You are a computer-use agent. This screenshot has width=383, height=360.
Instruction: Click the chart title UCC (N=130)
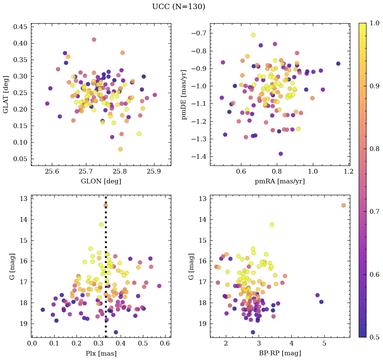tap(178, 7)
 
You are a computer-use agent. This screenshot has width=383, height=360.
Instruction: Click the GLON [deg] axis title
tap(101, 181)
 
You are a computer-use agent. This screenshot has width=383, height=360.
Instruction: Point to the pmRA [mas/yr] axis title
tap(280, 181)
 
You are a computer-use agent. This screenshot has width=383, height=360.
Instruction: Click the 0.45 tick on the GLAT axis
tap(20, 27)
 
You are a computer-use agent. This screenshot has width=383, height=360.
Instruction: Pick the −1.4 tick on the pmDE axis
tap(198, 157)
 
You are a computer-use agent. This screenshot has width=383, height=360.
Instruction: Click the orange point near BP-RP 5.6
tap(344, 205)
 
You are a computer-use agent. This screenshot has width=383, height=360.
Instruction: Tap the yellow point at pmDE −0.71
tap(253, 35)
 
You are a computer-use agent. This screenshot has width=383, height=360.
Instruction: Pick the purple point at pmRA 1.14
tap(338, 64)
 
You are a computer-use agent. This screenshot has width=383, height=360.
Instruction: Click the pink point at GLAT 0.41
tap(94, 39)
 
